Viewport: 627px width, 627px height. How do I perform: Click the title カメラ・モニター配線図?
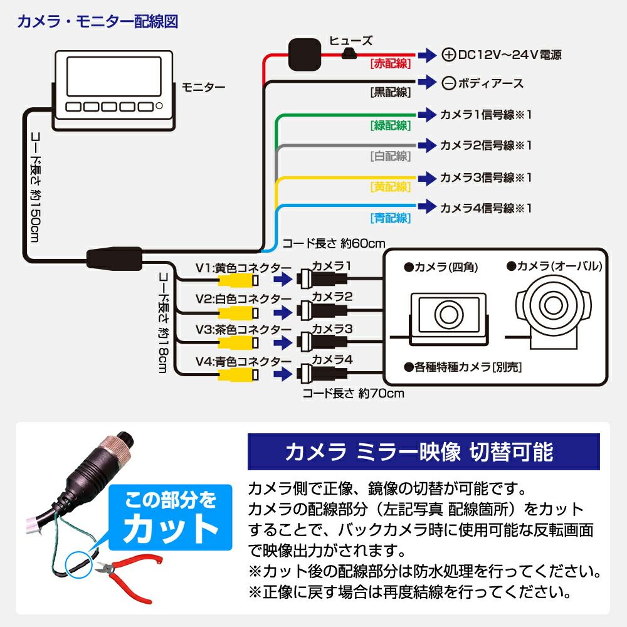pos(98,22)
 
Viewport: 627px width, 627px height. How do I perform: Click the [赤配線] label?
pos(390,63)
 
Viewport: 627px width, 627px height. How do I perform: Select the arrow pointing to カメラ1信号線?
pos(426,115)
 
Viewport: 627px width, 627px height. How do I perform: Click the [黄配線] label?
pos(390,186)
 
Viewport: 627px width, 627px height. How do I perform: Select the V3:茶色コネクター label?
pos(243,329)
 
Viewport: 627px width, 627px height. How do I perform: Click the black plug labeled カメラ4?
pos(323,374)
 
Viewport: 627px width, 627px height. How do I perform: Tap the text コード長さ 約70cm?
pos(353,394)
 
